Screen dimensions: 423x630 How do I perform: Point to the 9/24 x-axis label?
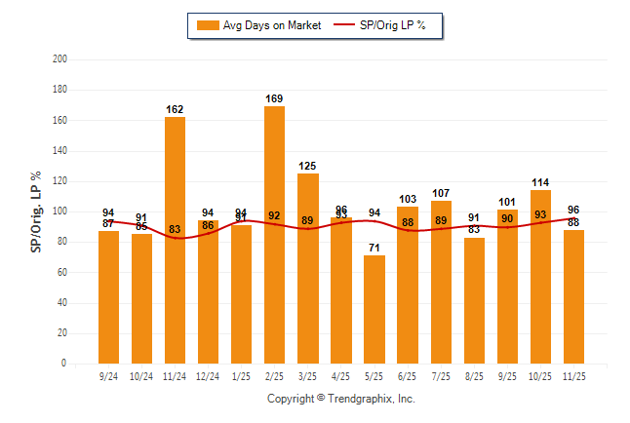tap(109, 374)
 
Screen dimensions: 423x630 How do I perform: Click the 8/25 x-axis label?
tap(474, 374)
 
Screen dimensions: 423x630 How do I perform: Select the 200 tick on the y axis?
tap(60, 59)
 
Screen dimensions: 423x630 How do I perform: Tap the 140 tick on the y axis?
tap(60, 151)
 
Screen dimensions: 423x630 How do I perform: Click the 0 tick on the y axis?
tap(64, 364)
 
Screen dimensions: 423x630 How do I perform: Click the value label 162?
tap(175, 110)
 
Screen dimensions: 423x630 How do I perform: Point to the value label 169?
tap(274, 98)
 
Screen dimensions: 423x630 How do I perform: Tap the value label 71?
tap(374, 248)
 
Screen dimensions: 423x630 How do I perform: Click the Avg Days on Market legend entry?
tap(257, 25)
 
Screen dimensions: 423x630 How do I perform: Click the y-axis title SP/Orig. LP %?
tap(36, 211)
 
